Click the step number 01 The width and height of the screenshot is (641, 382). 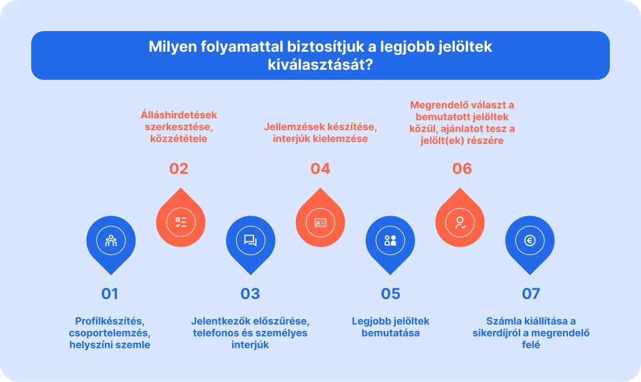110,294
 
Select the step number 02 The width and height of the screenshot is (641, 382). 179,168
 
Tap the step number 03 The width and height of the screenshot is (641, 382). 250,294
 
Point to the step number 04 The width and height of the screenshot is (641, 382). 320,168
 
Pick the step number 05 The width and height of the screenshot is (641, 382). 390,294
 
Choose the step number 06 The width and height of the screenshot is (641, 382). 462,168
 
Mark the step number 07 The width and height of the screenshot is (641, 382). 531,294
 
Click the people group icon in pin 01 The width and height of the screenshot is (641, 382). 110,241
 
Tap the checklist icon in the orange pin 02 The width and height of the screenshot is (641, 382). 181,222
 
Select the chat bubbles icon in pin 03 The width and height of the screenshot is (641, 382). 250,241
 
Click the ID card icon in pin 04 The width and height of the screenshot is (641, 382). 320,222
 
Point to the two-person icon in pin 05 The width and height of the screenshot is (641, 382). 390,241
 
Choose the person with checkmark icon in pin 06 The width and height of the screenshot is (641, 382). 461,222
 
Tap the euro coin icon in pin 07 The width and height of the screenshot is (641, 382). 530,241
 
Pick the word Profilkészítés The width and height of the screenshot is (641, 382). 110,321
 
